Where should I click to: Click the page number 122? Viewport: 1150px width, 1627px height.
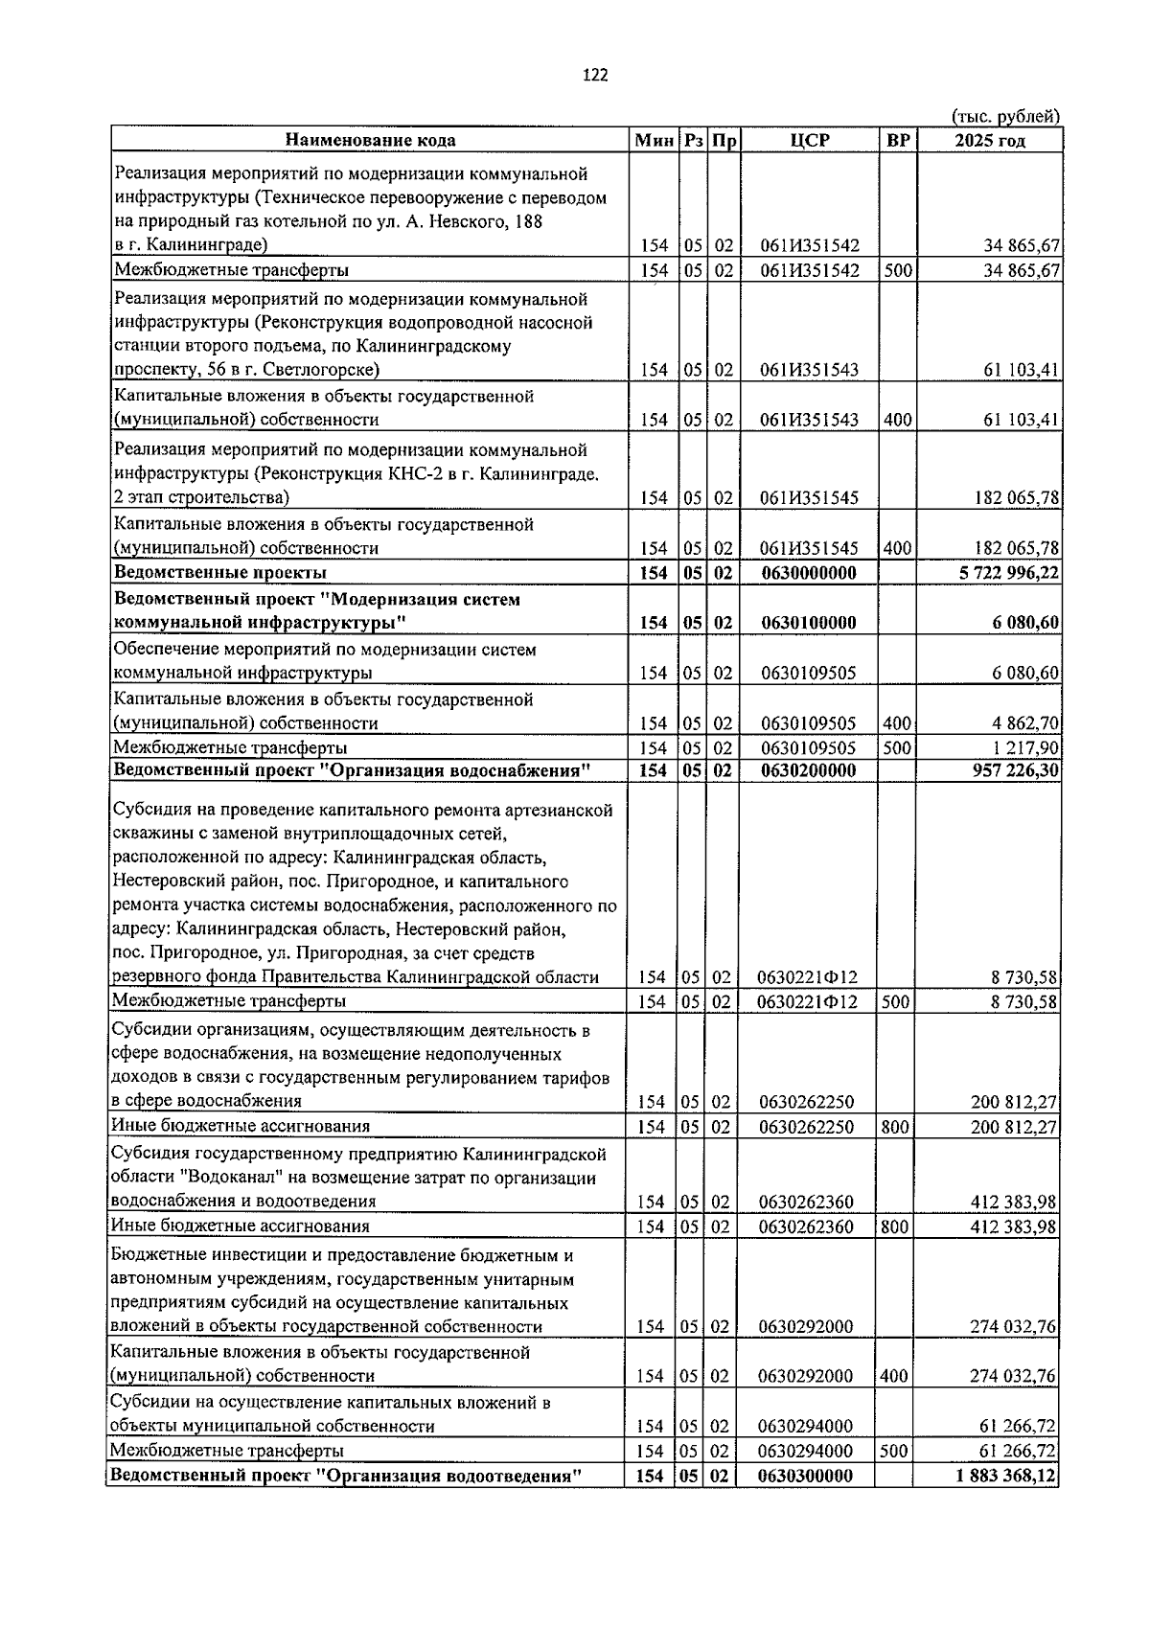(x=594, y=77)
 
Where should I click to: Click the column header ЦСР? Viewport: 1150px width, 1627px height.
(x=810, y=141)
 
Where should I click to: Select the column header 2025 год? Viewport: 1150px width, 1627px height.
(x=989, y=141)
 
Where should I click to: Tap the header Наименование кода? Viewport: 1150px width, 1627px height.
(x=370, y=141)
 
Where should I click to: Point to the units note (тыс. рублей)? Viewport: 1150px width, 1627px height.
(x=1005, y=117)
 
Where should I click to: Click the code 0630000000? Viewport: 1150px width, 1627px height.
(x=808, y=573)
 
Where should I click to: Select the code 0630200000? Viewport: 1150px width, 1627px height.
(x=808, y=770)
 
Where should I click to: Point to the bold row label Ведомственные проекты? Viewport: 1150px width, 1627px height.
(x=220, y=573)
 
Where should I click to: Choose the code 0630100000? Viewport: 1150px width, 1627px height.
(x=808, y=623)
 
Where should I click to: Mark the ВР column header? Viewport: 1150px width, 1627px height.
(x=898, y=141)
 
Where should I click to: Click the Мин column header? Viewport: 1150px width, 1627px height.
(x=655, y=141)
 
